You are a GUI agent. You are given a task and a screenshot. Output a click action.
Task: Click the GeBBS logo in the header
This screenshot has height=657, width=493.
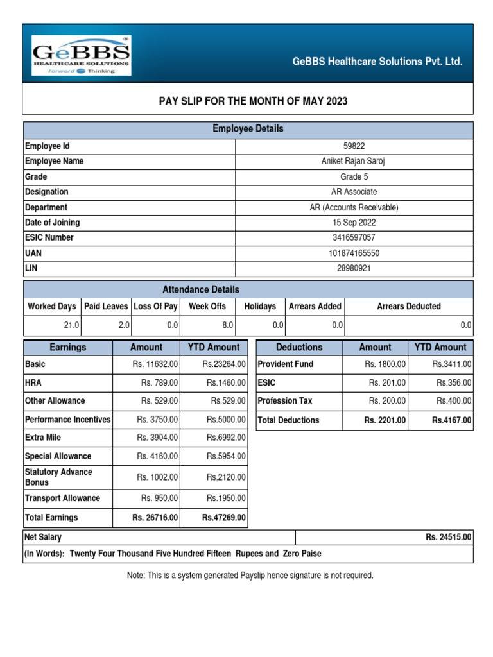(82, 55)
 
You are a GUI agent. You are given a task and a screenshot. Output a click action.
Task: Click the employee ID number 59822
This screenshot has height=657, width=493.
(354, 146)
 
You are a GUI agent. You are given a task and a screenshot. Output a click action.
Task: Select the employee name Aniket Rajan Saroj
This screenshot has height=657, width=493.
(354, 162)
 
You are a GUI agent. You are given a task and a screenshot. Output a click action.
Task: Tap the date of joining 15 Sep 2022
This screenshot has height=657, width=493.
(354, 223)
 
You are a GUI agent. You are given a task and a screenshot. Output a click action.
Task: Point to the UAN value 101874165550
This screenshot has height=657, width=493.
(354, 253)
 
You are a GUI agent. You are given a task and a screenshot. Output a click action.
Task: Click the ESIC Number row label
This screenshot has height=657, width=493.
(49, 238)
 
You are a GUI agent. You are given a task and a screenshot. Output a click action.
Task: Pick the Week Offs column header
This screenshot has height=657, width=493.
(207, 307)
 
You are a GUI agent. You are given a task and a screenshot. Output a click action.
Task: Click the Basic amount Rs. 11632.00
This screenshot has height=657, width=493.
(154, 364)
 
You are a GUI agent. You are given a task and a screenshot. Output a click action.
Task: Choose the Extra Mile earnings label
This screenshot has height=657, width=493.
(47, 438)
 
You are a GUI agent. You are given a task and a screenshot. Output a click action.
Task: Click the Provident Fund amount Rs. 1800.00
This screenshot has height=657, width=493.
(385, 364)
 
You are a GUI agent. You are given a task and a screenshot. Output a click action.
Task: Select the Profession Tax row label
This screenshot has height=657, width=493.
(284, 401)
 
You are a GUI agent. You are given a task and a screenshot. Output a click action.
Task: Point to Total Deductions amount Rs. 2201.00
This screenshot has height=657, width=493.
(385, 421)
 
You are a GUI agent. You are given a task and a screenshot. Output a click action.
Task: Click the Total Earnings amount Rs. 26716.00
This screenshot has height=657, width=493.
(155, 518)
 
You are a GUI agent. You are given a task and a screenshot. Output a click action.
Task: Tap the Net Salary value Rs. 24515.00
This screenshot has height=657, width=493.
(448, 538)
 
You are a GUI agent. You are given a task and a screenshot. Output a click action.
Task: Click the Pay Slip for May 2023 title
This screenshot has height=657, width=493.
(253, 101)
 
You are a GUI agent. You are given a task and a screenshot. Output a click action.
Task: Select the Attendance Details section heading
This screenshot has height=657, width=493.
(200, 289)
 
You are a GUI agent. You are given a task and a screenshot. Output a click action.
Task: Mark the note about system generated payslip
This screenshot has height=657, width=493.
(250, 576)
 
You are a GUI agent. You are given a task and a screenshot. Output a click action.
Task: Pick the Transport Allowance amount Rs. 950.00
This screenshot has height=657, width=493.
(159, 499)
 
